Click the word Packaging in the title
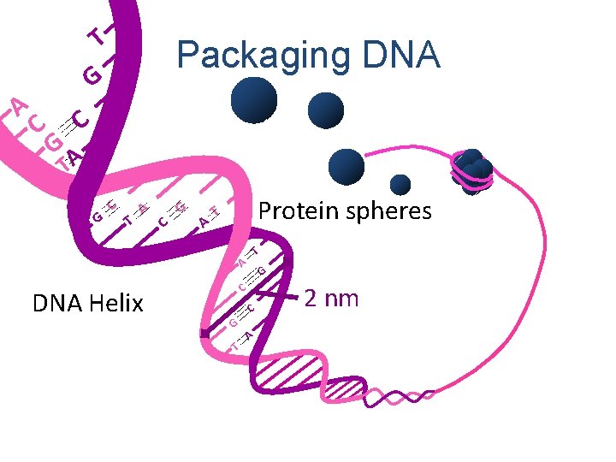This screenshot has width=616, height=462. tap(256, 56)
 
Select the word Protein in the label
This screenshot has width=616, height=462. tap(299, 210)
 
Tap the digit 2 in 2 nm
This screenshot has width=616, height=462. tap(313, 299)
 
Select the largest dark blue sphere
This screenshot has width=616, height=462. tap(254, 100)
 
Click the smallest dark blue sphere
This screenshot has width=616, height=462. tap(400, 184)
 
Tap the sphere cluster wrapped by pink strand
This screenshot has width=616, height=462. tap(472, 172)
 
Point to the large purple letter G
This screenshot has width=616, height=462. tap(92, 77)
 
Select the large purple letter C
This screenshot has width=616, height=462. tap(81, 118)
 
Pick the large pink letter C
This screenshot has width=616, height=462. tap(35, 125)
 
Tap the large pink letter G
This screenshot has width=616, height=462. tap(53, 141)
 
